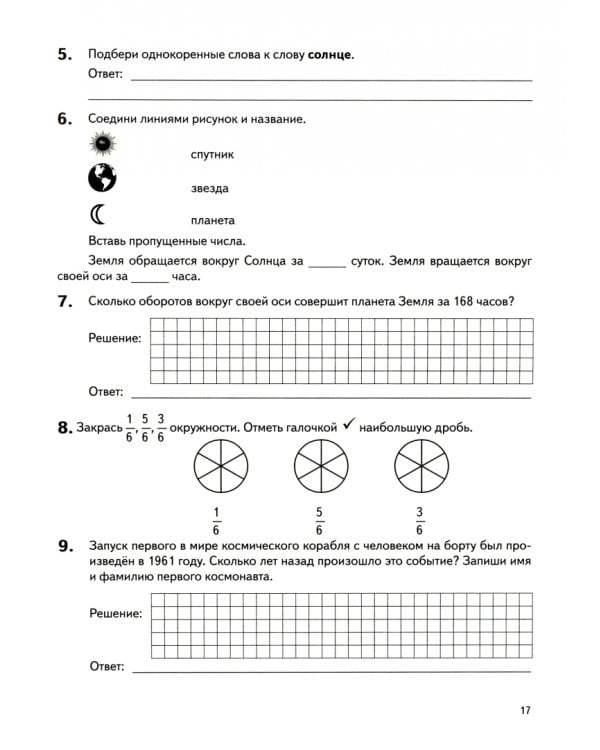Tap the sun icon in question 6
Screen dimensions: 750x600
(x=101, y=145)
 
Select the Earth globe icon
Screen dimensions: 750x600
(x=101, y=178)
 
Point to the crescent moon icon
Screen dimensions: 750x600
(x=99, y=213)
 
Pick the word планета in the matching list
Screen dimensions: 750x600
(x=212, y=220)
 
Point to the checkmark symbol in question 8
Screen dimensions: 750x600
(x=349, y=425)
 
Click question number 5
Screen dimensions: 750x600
(x=66, y=53)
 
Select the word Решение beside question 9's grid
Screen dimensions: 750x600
(x=115, y=612)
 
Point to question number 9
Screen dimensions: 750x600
(x=66, y=546)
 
